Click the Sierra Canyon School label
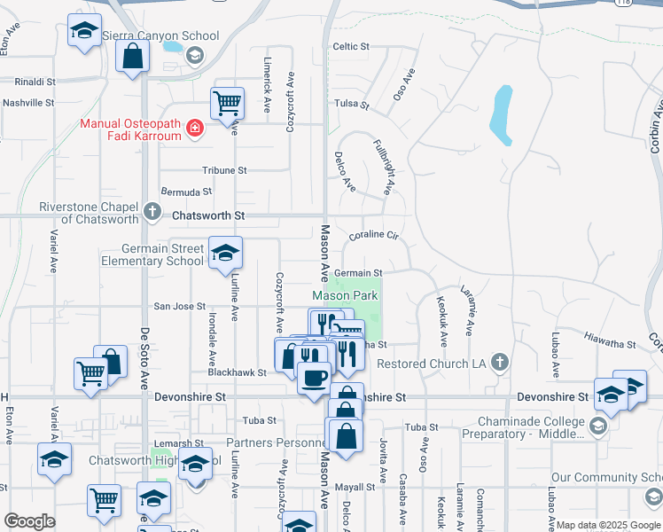(160, 36)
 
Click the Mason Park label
(346, 295)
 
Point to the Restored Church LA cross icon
(500, 362)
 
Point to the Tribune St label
(224, 170)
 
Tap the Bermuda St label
(186, 192)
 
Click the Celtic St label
(351, 46)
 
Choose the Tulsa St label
(351, 104)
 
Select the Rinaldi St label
(28, 81)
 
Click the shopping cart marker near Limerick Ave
(228, 103)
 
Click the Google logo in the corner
(29, 521)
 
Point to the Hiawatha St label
(611, 337)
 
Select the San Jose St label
(180, 306)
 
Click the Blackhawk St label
(238, 373)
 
